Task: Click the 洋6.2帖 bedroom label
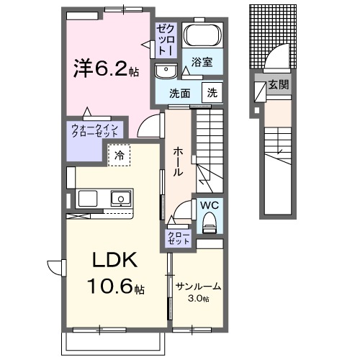pos(104,69)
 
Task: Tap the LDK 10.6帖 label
pos(112,274)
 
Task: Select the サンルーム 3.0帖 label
pos(198,292)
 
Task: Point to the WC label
pos(209,205)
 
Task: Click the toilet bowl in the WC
pos(210,225)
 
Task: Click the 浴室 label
pos(202,63)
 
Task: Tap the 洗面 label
pos(179,93)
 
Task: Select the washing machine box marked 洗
pos(212,92)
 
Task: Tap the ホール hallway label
pos(177,161)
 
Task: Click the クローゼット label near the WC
pos(179,238)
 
